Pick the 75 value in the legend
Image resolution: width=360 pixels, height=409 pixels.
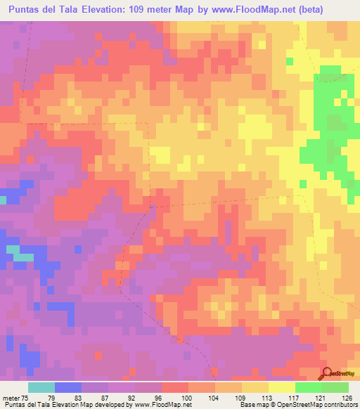27,397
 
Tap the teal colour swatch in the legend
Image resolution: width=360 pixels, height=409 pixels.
41,387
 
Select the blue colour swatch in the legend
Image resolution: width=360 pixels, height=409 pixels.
68,387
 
